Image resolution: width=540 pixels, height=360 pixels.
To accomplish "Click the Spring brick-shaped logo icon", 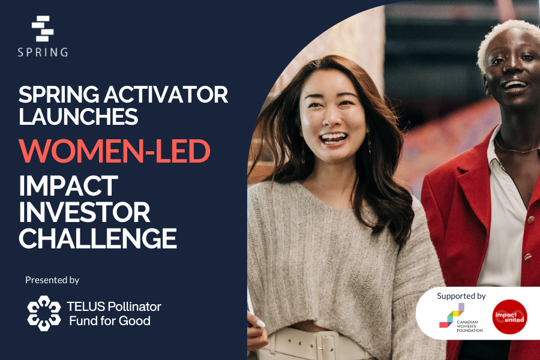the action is tap(43, 28).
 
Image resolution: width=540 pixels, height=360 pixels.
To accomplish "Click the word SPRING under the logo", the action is tap(43, 52).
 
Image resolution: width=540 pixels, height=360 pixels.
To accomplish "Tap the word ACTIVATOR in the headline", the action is tap(166, 94).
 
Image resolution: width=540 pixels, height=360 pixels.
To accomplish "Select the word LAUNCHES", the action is tap(78, 116).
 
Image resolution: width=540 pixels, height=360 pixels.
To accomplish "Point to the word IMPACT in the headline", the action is tap(68, 186).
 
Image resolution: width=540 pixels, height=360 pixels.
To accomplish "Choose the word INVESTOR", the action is tap(85, 212).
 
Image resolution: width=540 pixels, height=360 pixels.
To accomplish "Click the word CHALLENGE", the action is tap(98, 238).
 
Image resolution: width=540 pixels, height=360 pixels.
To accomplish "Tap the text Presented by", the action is tap(52, 280).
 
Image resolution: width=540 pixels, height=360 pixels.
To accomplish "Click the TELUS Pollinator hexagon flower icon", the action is tap(44, 313).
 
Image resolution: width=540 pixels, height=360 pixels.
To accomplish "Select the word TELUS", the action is tap(86, 306).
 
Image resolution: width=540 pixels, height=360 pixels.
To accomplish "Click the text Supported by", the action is tap(461, 296).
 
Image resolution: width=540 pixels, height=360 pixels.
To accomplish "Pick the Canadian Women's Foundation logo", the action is tap(461, 317).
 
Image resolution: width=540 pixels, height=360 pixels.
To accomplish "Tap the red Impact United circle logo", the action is tap(509, 317).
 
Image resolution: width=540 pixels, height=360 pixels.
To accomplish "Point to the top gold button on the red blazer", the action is tap(531, 220).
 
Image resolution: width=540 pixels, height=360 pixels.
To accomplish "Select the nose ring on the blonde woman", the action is tap(504, 69).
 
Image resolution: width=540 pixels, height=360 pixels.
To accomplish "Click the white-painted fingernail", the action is tap(260, 323).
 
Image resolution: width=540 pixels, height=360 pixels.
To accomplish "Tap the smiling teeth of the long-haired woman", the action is tap(334, 138).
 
